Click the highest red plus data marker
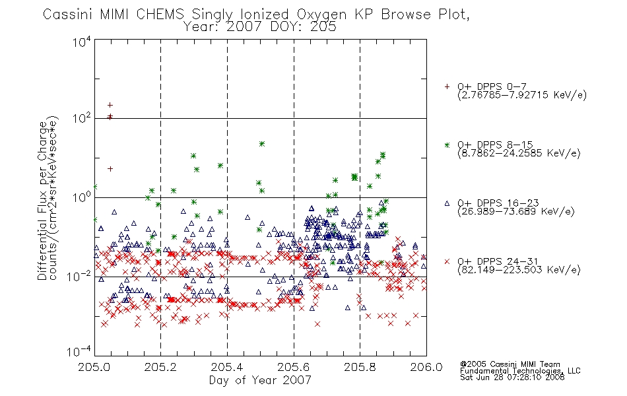(x=110, y=105)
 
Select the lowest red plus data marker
(x=110, y=169)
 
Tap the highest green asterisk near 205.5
(x=262, y=144)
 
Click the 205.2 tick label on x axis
(x=160, y=367)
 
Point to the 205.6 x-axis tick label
(x=294, y=367)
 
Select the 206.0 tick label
(x=426, y=367)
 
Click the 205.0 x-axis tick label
(x=94, y=367)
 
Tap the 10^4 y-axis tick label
(x=82, y=42)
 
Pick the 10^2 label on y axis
(x=82, y=119)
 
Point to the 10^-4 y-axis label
(x=79, y=352)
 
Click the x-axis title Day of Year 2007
(x=260, y=380)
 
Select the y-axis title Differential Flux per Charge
(x=43, y=201)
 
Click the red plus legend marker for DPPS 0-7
(x=447, y=86)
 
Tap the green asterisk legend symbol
(x=447, y=145)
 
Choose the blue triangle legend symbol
(x=447, y=203)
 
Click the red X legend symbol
(x=447, y=261)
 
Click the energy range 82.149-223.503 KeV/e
(x=519, y=270)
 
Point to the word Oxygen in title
(x=321, y=15)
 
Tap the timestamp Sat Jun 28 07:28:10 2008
(x=512, y=378)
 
